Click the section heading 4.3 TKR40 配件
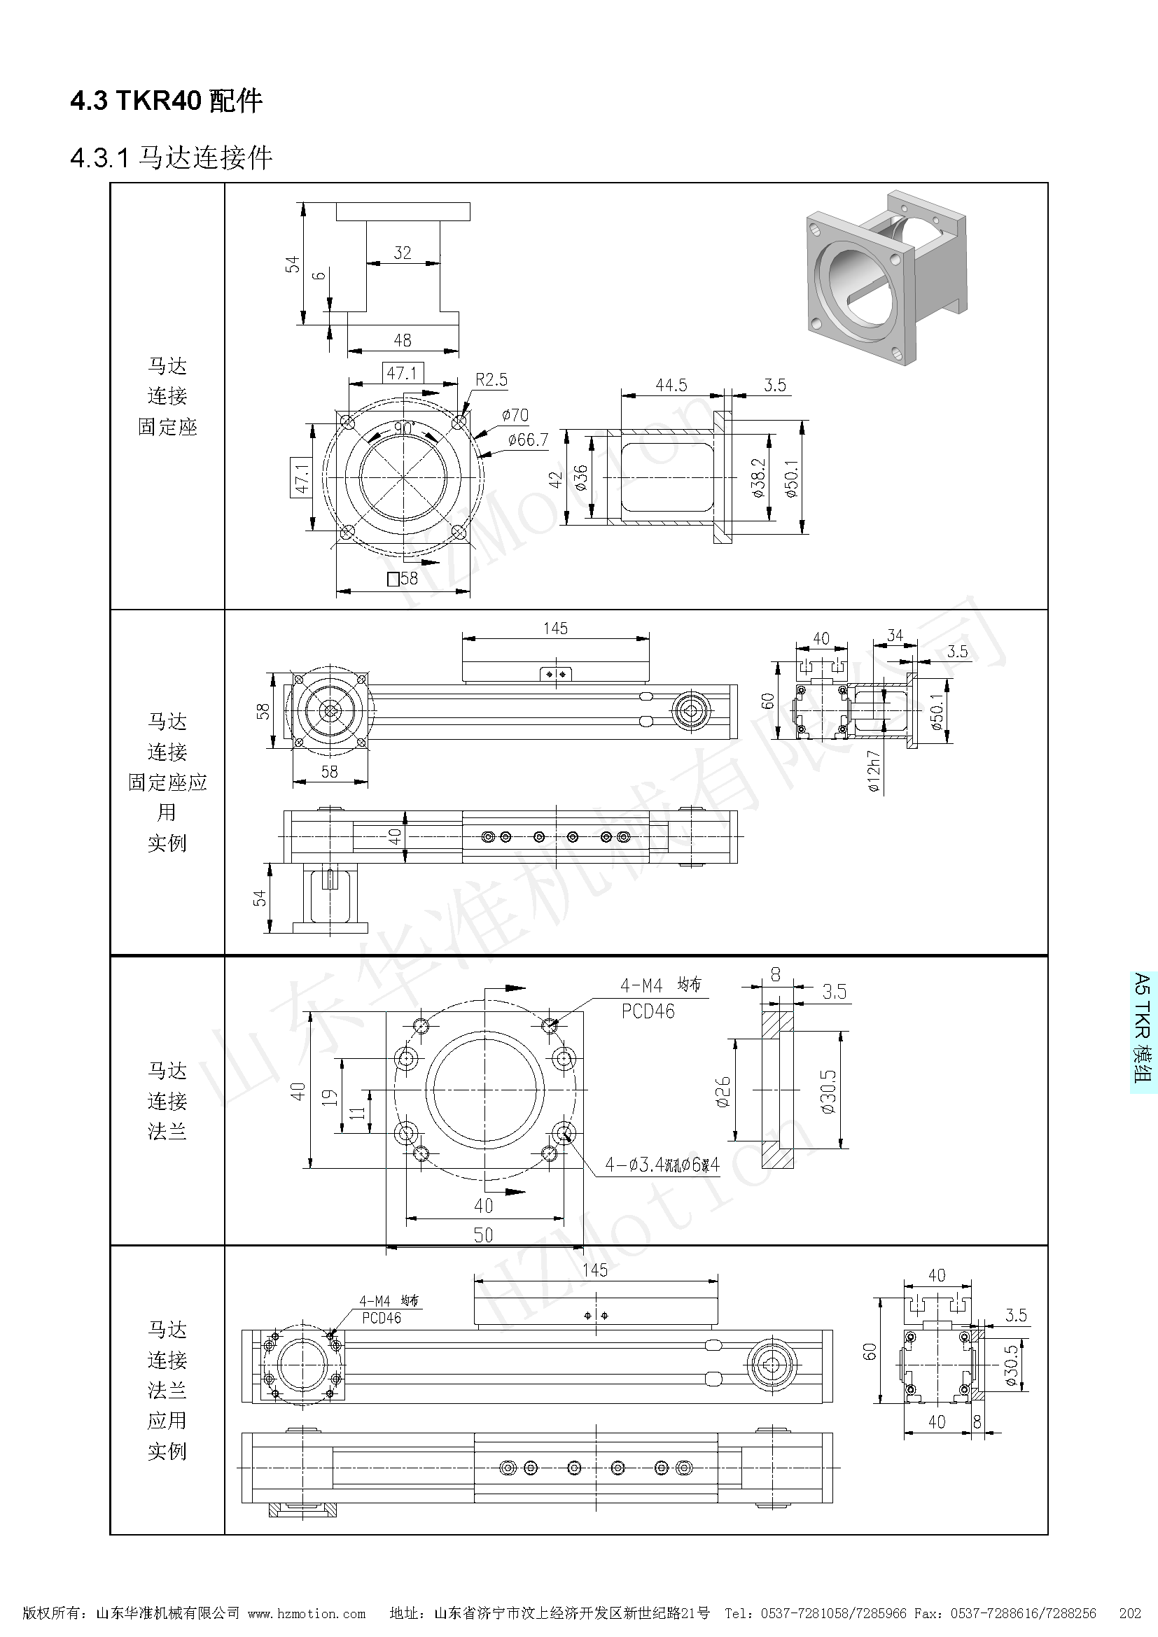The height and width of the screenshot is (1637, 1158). [x=166, y=101]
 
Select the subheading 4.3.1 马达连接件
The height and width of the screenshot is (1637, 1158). [x=171, y=157]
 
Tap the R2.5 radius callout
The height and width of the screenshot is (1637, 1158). [x=491, y=379]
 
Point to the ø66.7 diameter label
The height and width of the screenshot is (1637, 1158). [x=529, y=440]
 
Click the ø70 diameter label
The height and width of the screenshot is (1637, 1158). [x=515, y=415]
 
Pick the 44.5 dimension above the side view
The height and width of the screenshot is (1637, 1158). [x=671, y=385]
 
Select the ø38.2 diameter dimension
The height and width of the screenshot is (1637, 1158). [x=758, y=477]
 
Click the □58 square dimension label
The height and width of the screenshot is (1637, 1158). [x=403, y=578]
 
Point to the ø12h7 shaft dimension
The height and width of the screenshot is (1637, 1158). [x=874, y=771]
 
